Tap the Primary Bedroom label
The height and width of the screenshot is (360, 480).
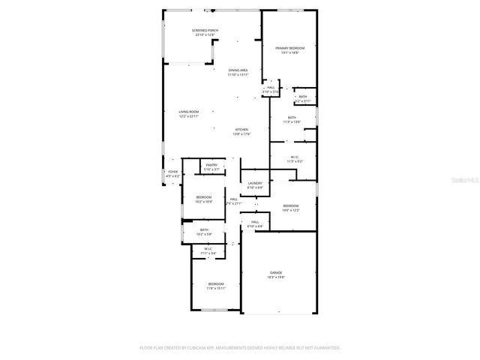[x=289, y=48]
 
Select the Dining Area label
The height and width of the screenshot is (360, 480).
[x=238, y=70]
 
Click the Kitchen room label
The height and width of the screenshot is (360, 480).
[x=241, y=130]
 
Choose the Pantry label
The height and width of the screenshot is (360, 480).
[x=211, y=165]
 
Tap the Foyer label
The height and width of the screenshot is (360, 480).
[x=172, y=172]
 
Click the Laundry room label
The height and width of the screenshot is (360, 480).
[x=256, y=183]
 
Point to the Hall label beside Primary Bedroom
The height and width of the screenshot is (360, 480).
[x=271, y=87]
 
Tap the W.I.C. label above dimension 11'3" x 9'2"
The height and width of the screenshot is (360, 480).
[x=295, y=157]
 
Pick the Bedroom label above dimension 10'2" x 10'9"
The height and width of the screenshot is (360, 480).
[x=204, y=197]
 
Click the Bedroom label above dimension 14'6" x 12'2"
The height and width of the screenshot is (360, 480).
[x=290, y=205]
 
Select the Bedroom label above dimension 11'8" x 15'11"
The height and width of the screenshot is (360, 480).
[x=215, y=283]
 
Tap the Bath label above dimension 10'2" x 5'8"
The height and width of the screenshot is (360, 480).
[x=204, y=230]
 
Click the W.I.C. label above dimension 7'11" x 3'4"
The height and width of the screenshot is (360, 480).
[x=208, y=248]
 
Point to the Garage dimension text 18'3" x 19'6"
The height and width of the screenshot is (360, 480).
[x=276, y=277]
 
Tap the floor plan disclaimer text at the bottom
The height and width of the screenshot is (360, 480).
[x=240, y=348]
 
